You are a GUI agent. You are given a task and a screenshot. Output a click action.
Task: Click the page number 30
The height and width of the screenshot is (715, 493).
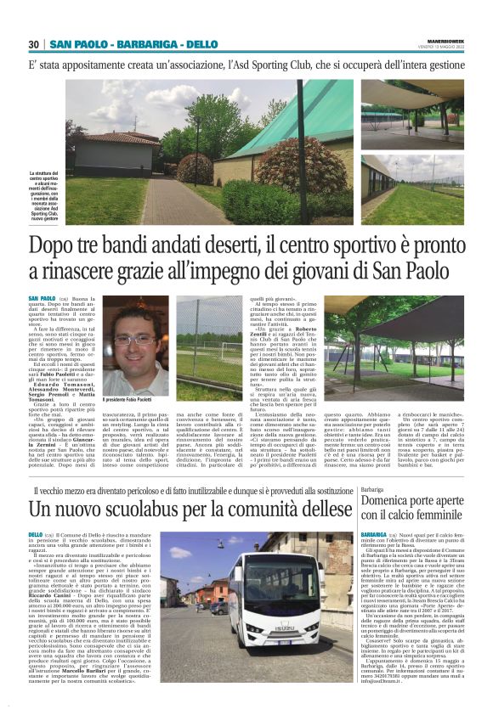point(34,44)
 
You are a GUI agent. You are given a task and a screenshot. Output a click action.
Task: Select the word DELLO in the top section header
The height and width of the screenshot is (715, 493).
point(201,44)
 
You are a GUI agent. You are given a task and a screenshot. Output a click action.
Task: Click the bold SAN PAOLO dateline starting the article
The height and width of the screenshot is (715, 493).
point(42,299)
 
